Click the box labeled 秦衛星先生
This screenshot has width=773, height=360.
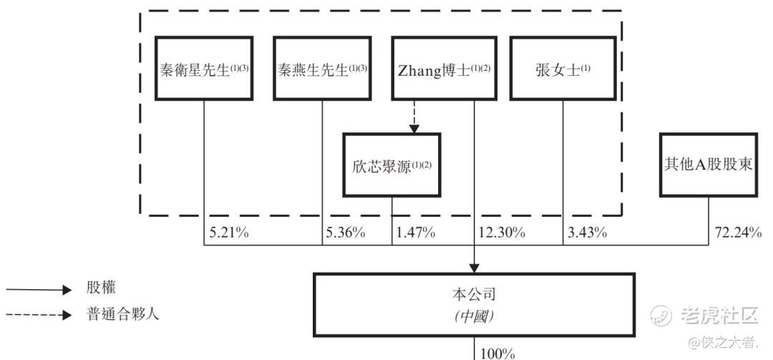tap(204, 69)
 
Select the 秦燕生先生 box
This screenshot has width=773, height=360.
tap(322, 69)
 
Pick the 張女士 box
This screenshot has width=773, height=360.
tap(563, 69)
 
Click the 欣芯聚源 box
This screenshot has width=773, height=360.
tap(392, 165)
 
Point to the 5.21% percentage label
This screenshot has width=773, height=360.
tap(229, 233)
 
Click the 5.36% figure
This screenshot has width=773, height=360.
tap(346, 233)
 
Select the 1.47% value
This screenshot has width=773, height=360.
tap(415, 233)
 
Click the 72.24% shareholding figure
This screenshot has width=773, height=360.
tap(738, 233)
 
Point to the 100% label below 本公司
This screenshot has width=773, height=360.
tap(497, 354)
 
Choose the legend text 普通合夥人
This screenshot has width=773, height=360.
tap(123, 314)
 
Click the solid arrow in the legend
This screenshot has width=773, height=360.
tap(39, 290)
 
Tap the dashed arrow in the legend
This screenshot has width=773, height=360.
tap(39, 315)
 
